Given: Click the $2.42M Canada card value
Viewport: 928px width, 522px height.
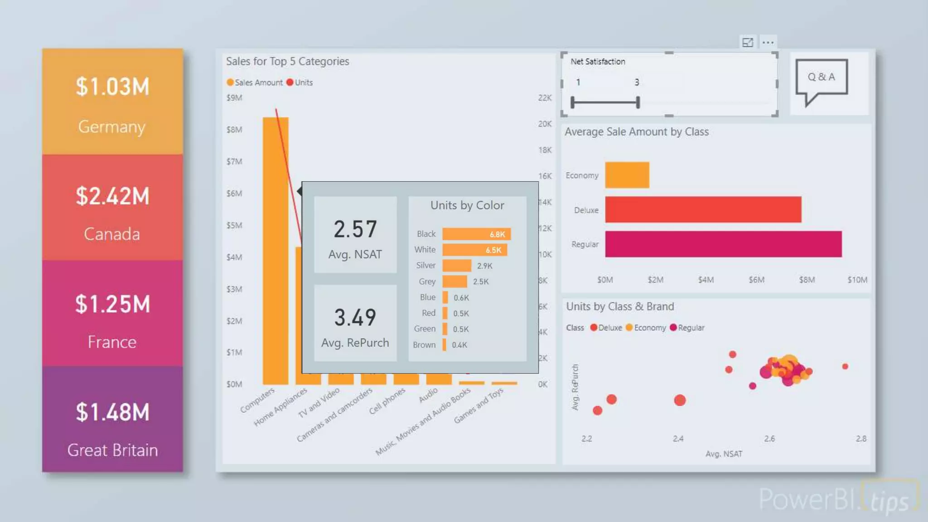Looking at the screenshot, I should pyautogui.click(x=112, y=196).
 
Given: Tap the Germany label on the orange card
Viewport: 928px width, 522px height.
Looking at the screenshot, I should pyautogui.click(x=112, y=126).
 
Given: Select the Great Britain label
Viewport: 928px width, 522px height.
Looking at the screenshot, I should pyautogui.click(x=112, y=450).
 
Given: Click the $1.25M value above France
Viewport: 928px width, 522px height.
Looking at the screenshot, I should pyautogui.click(x=112, y=304).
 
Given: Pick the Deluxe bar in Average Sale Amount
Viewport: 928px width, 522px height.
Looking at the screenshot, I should pyautogui.click(x=703, y=209).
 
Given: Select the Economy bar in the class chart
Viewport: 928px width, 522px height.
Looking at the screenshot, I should pyautogui.click(x=627, y=175).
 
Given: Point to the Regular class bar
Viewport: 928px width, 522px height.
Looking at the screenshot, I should pyautogui.click(x=723, y=244).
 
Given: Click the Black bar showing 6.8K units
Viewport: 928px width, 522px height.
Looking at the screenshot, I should pyautogui.click(x=476, y=234).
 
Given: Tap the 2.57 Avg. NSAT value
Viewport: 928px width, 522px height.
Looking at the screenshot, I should pyautogui.click(x=355, y=229).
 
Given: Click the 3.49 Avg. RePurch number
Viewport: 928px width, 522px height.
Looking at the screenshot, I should pyautogui.click(x=355, y=317).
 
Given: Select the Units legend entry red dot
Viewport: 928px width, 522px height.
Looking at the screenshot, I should pyautogui.click(x=290, y=82).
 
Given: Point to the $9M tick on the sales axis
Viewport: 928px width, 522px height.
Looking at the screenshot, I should pyautogui.click(x=234, y=98).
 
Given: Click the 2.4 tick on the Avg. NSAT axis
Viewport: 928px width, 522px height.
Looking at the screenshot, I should pyautogui.click(x=678, y=439).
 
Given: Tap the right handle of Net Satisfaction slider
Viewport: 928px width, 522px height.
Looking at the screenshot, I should pyautogui.click(x=638, y=102).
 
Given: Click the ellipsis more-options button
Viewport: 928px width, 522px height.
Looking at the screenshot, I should pyautogui.click(x=768, y=43).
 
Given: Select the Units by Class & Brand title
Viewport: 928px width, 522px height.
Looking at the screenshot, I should pyautogui.click(x=620, y=306).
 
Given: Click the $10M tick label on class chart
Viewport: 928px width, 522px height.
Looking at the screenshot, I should pyautogui.click(x=857, y=280).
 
